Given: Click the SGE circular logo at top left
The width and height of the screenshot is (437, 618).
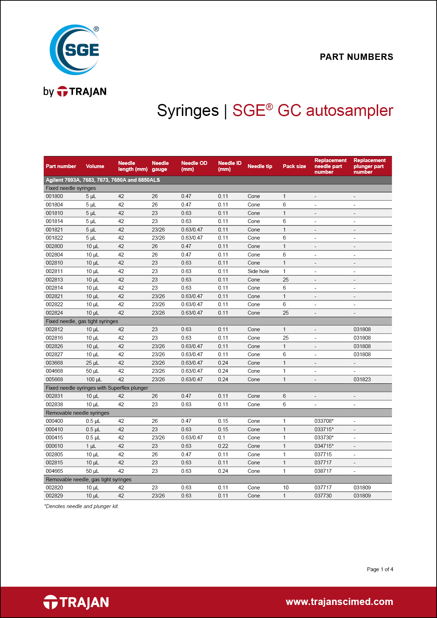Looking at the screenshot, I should (75, 50).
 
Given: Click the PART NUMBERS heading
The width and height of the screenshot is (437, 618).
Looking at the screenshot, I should (356, 57).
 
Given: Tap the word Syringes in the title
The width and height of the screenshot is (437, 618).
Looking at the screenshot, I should (188, 111).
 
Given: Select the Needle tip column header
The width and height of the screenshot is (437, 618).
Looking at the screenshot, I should (260, 166).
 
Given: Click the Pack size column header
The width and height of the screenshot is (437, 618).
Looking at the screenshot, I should (294, 166).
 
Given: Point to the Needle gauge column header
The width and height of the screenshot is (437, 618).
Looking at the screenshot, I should (160, 166).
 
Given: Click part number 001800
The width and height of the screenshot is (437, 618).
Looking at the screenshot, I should (55, 196).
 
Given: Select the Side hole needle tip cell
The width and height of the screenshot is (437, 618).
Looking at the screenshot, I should (258, 271).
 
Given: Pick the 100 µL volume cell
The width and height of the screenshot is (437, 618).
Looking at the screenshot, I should (94, 379).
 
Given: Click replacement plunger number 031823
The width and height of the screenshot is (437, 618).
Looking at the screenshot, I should (362, 379).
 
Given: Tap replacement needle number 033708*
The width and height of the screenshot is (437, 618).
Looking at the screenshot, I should (324, 421).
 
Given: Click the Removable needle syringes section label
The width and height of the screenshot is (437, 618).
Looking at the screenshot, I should (78, 413).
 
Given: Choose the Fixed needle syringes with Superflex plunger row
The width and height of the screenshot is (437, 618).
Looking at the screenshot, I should (97, 388).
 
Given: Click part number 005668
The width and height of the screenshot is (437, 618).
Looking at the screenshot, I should (55, 379).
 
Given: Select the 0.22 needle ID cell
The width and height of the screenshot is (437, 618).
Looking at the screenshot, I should (223, 446).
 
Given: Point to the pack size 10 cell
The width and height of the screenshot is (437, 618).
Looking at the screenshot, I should (285, 488).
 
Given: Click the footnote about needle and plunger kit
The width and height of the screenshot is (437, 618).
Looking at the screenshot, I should (81, 506).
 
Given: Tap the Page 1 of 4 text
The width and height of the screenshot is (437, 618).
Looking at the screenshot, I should (380, 569).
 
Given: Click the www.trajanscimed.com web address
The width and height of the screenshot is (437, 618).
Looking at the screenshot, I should (339, 602).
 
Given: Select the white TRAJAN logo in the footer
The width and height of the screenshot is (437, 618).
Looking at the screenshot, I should (76, 602).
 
